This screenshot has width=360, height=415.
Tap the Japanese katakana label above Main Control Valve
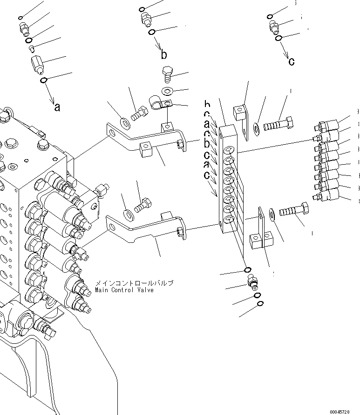[x=134, y=283]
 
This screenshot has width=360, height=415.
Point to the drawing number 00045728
[x=344, y=412]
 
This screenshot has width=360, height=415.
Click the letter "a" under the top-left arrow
[x=57, y=107]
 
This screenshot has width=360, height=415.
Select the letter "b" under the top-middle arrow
[x=163, y=55]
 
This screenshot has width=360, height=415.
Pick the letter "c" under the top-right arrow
[x=291, y=61]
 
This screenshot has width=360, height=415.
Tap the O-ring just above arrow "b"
[x=152, y=32]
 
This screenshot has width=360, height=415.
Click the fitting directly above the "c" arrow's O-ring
[x=274, y=27]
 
